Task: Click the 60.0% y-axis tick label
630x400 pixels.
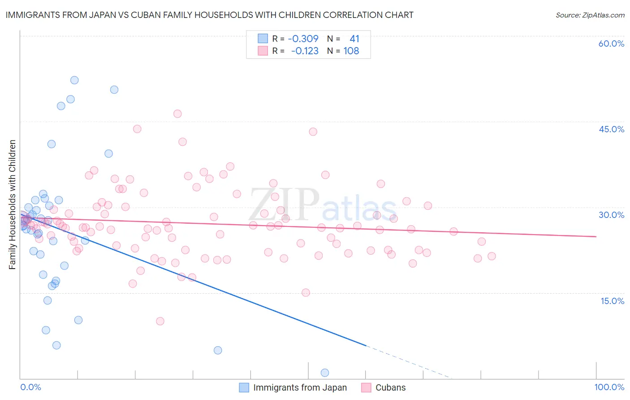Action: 611,43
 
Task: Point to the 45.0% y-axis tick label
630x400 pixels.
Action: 611,129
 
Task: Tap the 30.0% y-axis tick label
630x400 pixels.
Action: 611,215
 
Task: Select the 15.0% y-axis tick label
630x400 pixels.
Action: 612,301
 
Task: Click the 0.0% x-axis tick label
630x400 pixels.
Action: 30,387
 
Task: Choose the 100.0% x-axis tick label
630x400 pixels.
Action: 609,387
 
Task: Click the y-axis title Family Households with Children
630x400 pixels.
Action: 12,204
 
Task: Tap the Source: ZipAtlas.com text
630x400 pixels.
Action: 590,15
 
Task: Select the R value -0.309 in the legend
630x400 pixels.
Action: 303,39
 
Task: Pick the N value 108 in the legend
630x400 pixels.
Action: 351,51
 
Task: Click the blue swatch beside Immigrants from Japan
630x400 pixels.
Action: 244,387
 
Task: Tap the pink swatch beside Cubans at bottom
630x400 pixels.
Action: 366,387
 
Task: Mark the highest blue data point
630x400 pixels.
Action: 74,80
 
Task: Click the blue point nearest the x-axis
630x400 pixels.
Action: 325,373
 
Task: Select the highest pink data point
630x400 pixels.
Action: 177,114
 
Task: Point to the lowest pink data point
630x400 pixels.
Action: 160,321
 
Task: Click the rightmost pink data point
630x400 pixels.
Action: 492,256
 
